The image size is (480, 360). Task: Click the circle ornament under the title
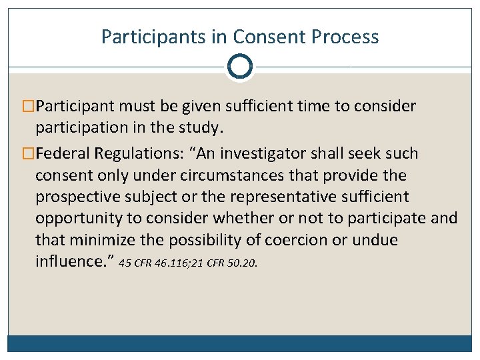(239, 67)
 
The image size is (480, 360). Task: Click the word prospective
(74, 197)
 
